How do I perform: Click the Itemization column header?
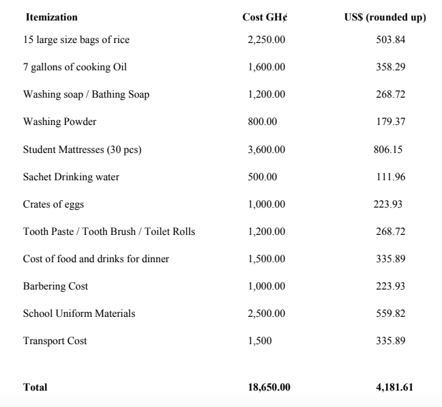[51, 17]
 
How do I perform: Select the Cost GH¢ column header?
[265, 17]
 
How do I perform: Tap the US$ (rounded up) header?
[385, 17]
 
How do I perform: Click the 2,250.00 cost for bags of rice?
[267, 40]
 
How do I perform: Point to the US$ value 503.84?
[391, 40]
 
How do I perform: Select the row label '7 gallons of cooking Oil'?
[75, 67]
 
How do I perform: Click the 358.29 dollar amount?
[391, 67]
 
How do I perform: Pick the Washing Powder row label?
[60, 122]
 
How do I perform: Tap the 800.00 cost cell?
[263, 122]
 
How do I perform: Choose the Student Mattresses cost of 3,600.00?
[267, 150]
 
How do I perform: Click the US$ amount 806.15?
[387, 150]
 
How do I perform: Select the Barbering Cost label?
[56, 286]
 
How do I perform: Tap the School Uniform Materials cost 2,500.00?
[267, 313]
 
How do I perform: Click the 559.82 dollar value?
[391, 313]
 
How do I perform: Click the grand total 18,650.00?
[269, 387]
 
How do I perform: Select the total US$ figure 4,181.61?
[389, 387]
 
